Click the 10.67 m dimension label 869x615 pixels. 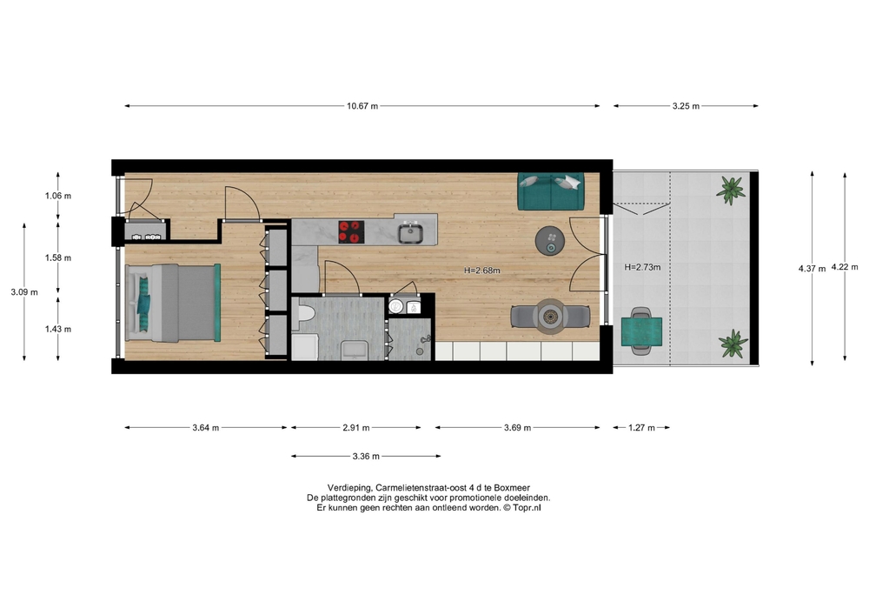pyautogui.click(x=362, y=106)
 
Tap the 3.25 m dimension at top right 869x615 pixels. pyautogui.click(x=686, y=106)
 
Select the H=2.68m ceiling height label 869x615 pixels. pyautogui.click(x=482, y=271)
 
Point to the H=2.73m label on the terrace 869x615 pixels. pyautogui.click(x=642, y=267)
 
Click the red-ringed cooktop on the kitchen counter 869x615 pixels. pyautogui.click(x=351, y=231)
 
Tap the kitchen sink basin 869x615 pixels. pyautogui.click(x=411, y=233)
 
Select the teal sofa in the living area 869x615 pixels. pyautogui.click(x=550, y=191)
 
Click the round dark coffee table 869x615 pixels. pyautogui.click(x=550, y=241)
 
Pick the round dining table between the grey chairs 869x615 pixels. pyautogui.click(x=550, y=317)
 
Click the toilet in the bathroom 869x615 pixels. pyautogui.click(x=305, y=312)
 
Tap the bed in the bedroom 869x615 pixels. pyautogui.click(x=172, y=303)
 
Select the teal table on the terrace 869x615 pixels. pyautogui.click(x=642, y=331)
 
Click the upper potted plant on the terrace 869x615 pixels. pyautogui.click(x=731, y=191)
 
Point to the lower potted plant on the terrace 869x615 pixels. pyautogui.click(x=733, y=344)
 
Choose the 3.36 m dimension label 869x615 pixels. pyautogui.click(x=366, y=457)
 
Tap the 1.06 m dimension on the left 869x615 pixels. pyautogui.click(x=58, y=196)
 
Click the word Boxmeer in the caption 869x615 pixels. pyautogui.click(x=512, y=488)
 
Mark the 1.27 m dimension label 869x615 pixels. pyautogui.click(x=642, y=428)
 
